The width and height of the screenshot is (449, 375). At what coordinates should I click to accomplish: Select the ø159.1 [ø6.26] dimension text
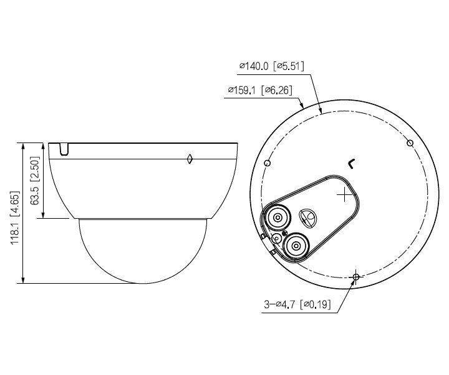tap(261, 91)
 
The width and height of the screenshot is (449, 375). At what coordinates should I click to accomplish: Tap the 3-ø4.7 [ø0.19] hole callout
tap(297, 305)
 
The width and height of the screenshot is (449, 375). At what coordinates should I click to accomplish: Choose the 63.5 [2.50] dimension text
tap(36, 182)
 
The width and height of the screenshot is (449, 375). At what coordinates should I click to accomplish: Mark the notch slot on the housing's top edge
tap(64, 149)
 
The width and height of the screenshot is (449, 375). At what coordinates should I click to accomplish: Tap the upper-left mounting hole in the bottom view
tap(267, 163)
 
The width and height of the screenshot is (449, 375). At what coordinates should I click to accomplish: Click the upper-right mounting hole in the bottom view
tap(410, 143)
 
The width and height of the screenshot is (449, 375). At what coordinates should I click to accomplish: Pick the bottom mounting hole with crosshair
tap(355, 276)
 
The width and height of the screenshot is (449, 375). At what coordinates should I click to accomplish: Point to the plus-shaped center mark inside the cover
tap(344, 196)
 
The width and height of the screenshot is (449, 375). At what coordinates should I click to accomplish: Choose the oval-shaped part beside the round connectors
tap(307, 217)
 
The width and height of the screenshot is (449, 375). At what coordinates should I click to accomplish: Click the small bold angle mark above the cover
tap(352, 164)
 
